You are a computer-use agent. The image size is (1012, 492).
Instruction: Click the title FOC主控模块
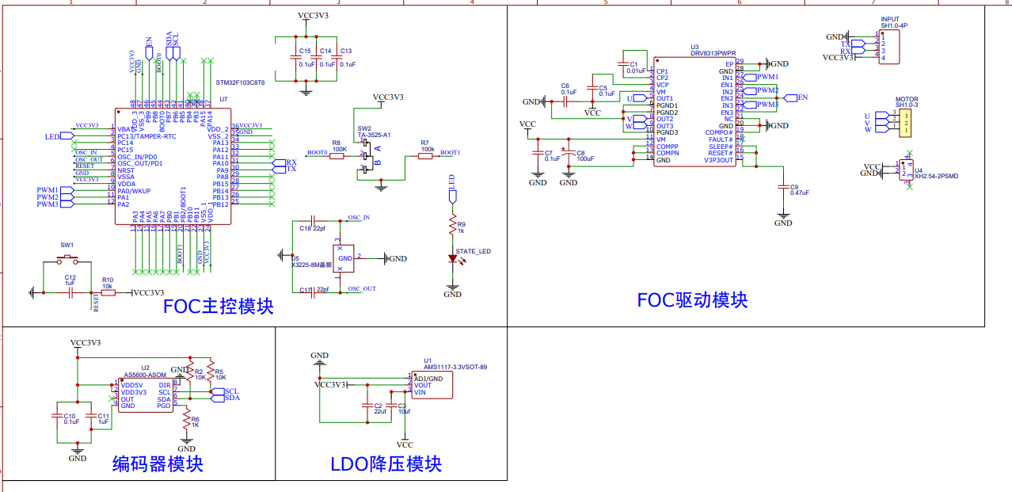tap(218, 306)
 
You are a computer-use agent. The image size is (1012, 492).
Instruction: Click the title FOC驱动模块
tap(692, 299)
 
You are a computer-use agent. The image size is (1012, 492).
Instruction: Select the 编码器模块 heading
tap(158, 463)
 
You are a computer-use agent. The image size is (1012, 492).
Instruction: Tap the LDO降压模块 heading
tap(386, 463)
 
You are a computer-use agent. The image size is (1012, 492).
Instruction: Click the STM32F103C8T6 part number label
tap(240, 82)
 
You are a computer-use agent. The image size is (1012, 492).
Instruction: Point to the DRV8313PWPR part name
tap(712, 54)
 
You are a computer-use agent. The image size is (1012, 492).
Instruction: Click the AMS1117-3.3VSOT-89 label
tap(455, 367)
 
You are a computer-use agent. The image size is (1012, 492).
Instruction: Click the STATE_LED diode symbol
tap(453, 258)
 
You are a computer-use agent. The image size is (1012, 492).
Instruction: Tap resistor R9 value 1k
tap(461, 231)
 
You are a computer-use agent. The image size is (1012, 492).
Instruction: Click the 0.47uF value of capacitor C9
tap(799, 193)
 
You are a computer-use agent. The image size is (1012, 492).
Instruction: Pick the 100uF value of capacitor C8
tap(585, 158)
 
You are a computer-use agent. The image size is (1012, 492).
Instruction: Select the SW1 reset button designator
tap(67, 245)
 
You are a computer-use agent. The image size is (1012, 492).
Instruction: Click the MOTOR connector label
tap(907, 99)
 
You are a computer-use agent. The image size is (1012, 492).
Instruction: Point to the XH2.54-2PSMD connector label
tap(936, 177)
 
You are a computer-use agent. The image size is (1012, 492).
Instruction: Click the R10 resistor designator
tap(107, 280)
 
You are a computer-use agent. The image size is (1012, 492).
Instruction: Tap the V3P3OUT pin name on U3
tap(718, 159)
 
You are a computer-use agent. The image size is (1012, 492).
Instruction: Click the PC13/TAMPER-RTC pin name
tap(146, 136)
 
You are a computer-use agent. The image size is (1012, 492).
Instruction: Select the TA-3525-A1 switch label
tap(375, 135)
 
